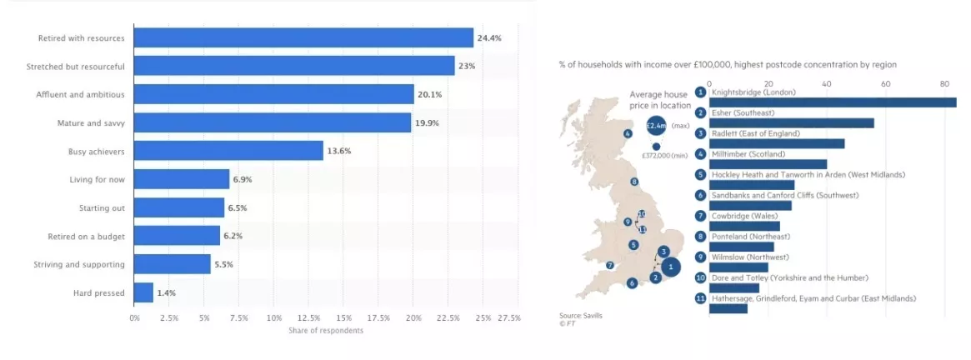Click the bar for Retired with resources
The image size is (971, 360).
[x=303, y=37]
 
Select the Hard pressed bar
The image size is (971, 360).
[x=143, y=292]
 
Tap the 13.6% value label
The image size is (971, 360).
[x=339, y=151]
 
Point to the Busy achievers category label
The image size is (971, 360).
[x=96, y=151]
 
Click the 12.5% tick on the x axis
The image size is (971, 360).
[x=308, y=317]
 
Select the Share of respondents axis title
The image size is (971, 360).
[x=325, y=331]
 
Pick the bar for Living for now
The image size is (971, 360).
[x=182, y=179]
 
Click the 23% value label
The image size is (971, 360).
[x=467, y=66]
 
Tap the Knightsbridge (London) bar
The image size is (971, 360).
[x=832, y=102]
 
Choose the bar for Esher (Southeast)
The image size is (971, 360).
[x=791, y=123]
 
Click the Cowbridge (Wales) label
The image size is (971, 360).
[x=745, y=216]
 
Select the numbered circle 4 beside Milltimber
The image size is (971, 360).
[x=700, y=154]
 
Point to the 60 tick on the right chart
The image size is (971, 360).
[x=885, y=83]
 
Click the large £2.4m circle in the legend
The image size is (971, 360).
[x=657, y=126]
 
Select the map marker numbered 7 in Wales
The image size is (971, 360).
[x=610, y=266]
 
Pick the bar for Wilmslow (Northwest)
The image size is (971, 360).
[x=738, y=267]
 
